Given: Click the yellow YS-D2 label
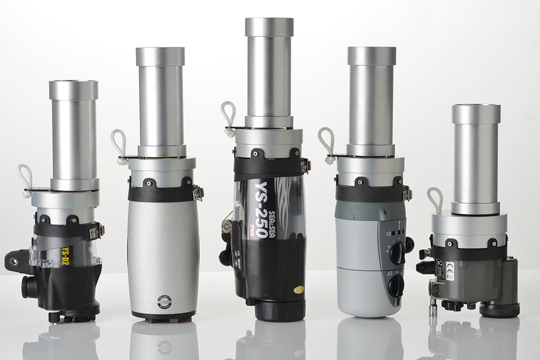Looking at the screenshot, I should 67,252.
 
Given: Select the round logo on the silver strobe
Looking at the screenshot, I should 164,302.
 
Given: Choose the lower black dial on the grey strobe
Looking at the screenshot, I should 396,284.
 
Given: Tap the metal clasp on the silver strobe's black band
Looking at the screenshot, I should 199,192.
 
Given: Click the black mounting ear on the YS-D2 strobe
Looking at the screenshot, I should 14,262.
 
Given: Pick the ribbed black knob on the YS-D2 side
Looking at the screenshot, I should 28,287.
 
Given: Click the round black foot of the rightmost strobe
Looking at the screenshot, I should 500,310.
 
